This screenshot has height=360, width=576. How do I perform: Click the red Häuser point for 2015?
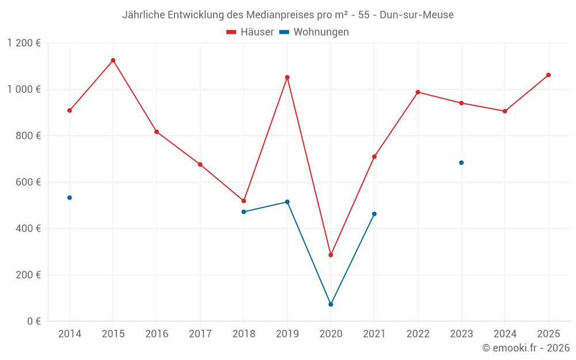pyautogui.click(x=113, y=60)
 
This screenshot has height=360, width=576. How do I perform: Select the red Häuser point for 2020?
pyautogui.click(x=331, y=255)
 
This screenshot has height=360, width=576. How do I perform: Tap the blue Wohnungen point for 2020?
pyautogui.click(x=331, y=304)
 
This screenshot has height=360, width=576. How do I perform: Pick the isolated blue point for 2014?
pyautogui.click(x=70, y=198)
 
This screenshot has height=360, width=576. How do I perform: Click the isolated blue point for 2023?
pyautogui.click(x=461, y=162)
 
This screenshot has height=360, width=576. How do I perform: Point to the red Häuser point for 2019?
pyautogui.click(x=287, y=77)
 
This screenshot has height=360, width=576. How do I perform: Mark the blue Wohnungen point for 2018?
pyautogui.click(x=244, y=212)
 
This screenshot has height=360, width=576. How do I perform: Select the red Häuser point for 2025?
pyautogui.click(x=548, y=75)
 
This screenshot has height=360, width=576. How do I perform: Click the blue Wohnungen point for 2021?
pyautogui.click(x=374, y=214)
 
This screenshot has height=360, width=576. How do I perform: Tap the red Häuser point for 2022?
pyautogui.click(x=418, y=92)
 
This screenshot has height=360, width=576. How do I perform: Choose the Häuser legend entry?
pyautogui.click(x=251, y=32)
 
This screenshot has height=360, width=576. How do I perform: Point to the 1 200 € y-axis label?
pyautogui.click(x=24, y=43)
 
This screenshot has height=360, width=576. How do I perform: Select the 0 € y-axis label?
pyautogui.click(x=34, y=321)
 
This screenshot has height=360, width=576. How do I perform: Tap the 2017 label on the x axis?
pyautogui.click(x=200, y=334)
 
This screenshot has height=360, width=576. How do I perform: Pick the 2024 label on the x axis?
pyautogui.click(x=505, y=334)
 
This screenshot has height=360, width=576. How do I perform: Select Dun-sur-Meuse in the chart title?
pyautogui.click(x=416, y=15)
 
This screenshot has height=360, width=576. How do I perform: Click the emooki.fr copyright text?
pyautogui.click(x=526, y=348)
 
